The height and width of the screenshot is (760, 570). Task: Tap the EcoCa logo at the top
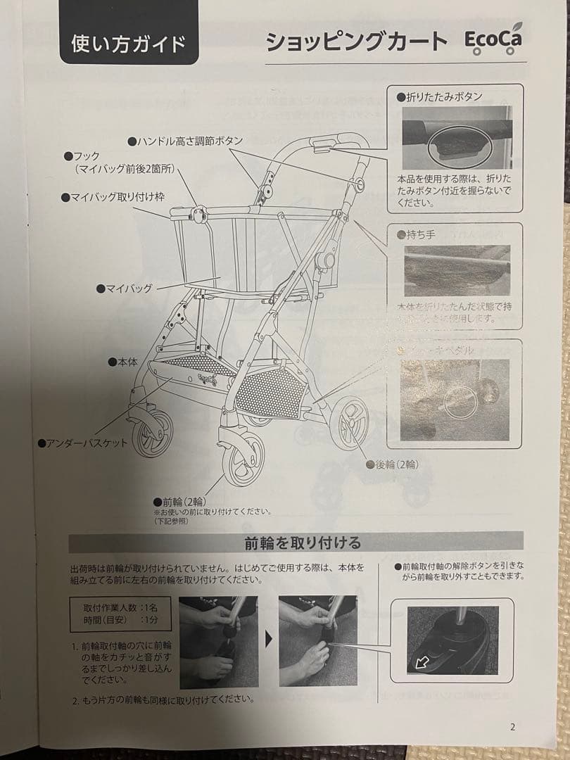coord(493,42)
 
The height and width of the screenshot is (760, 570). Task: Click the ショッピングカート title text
coord(356,42)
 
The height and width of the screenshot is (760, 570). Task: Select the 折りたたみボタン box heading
coord(440,97)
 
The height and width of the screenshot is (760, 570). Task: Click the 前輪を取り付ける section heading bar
coord(296,543)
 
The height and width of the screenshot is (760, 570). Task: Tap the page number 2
coord(512,727)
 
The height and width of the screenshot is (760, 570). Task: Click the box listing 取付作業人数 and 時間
coord(120,614)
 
